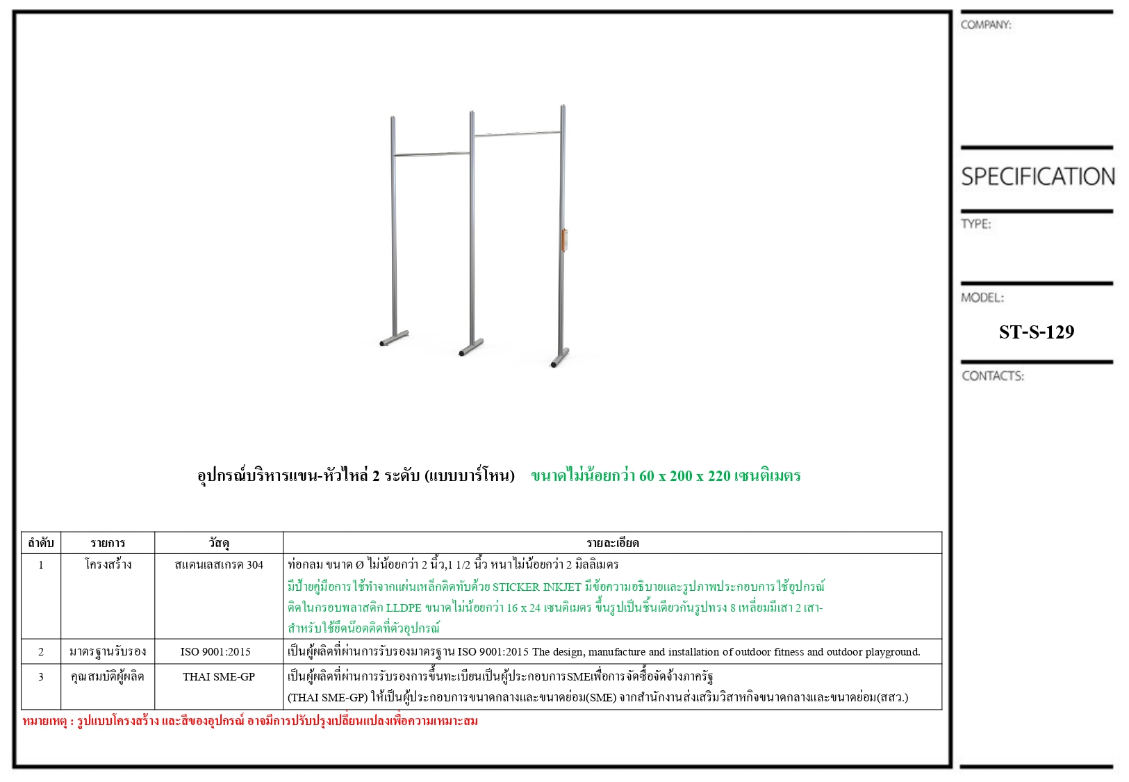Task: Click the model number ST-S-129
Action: coord(1036,332)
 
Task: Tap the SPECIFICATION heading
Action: coord(1037,177)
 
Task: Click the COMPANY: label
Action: coord(985,25)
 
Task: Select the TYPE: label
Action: coord(975,224)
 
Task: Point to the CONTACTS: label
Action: coord(992,376)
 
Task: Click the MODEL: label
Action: coord(982,298)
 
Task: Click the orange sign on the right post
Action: coord(564,241)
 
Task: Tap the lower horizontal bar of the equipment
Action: coord(431,154)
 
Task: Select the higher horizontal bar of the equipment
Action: coord(517,133)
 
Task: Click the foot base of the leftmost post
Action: coord(394,339)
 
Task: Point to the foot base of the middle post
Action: coord(471,348)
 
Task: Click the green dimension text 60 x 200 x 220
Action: coord(666,476)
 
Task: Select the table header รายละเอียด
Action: coord(612,543)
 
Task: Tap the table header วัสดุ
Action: coord(219,543)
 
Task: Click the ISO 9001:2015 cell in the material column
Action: coord(215,652)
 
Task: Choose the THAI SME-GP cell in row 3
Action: coord(219,676)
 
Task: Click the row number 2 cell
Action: coord(41,652)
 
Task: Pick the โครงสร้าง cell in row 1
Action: coord(108,564)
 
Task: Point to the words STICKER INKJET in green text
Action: coord(536,587)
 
